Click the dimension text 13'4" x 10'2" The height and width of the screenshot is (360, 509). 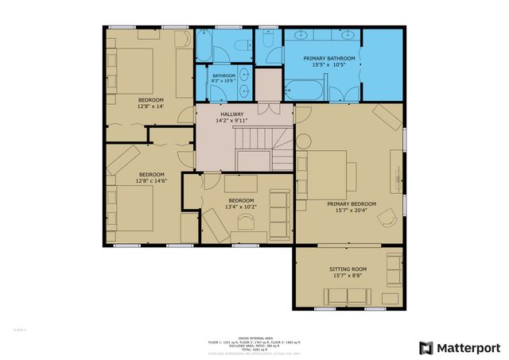(241, 207)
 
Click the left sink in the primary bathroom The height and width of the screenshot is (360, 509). (303, 37)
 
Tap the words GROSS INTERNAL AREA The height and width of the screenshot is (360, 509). (254, 337)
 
